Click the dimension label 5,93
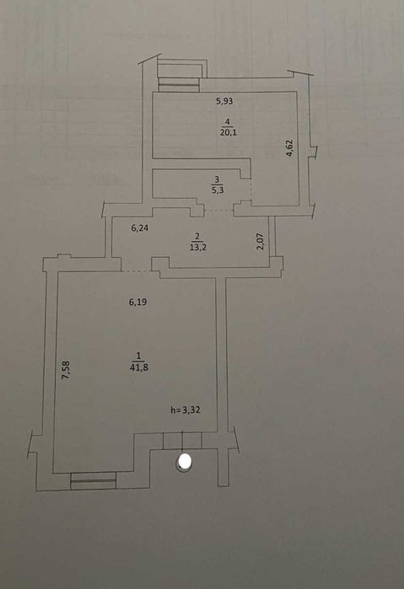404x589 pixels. [224, 100]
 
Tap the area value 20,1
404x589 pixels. [229, 132]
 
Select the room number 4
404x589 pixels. [227, 121]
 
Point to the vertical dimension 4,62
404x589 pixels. [289, 148]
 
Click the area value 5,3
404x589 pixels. [218, 190]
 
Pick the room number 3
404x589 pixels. [218, 179]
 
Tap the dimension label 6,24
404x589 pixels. [139, 228]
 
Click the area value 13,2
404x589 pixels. [198, 247]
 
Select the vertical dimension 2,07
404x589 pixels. [261, 241]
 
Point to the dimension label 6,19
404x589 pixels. [137, 302]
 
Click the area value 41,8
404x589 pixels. [139, 367]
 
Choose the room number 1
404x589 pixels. [138, 356]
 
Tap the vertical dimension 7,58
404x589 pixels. [66, 370]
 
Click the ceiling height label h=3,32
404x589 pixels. [186, 410]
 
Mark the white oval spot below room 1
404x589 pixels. [184, 462]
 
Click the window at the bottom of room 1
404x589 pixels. [94, 480]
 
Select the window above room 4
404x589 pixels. [179, 84]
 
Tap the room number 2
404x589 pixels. [197, 237]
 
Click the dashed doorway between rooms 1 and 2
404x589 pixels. [136, 270]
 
